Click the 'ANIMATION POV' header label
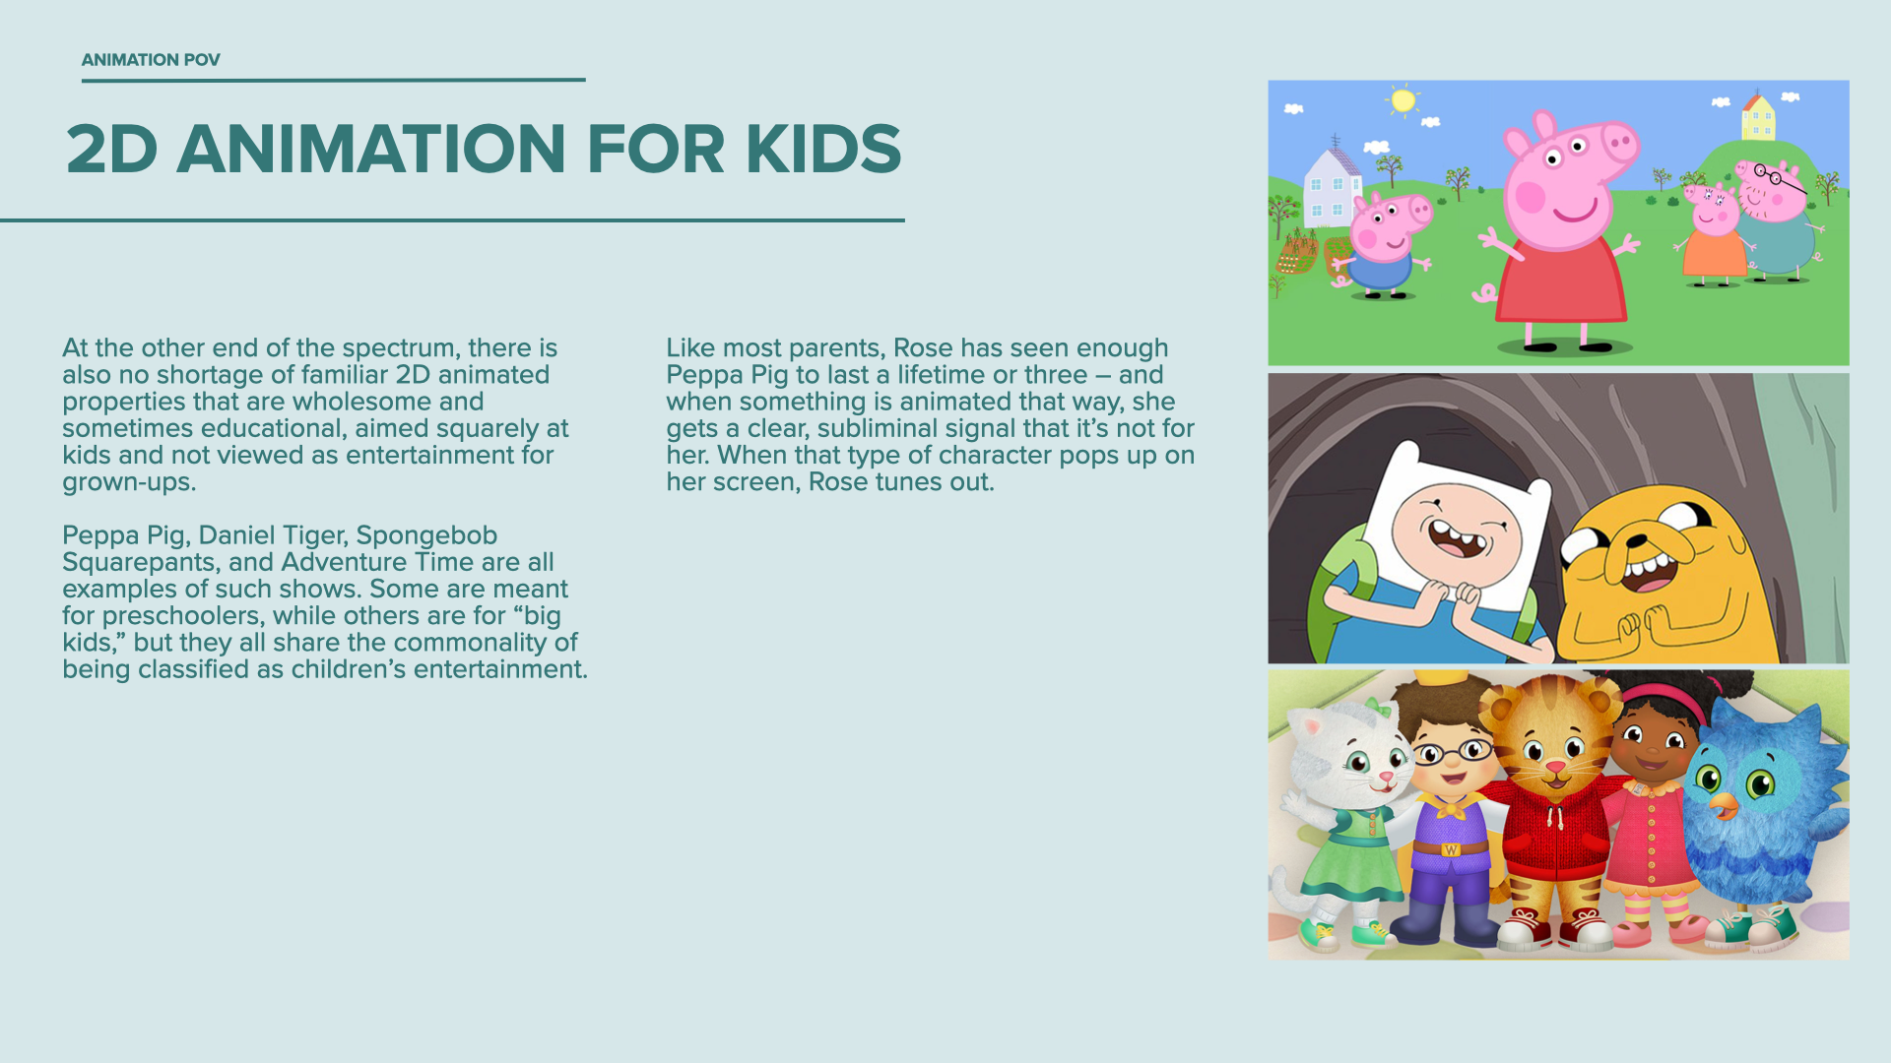tap(151, 60)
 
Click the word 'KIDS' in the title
tap(823, 150)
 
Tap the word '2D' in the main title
tap(112, 150)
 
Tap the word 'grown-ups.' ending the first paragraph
tap(129, 482)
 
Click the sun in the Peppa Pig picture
tap(1402, 100)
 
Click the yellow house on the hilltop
tap(1758, 117)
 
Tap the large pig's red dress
tap(1562, 281)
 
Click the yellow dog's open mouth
tap(1647, 572)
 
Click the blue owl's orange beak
tap(1724, 807)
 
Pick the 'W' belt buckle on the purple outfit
tap(1451, 849)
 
